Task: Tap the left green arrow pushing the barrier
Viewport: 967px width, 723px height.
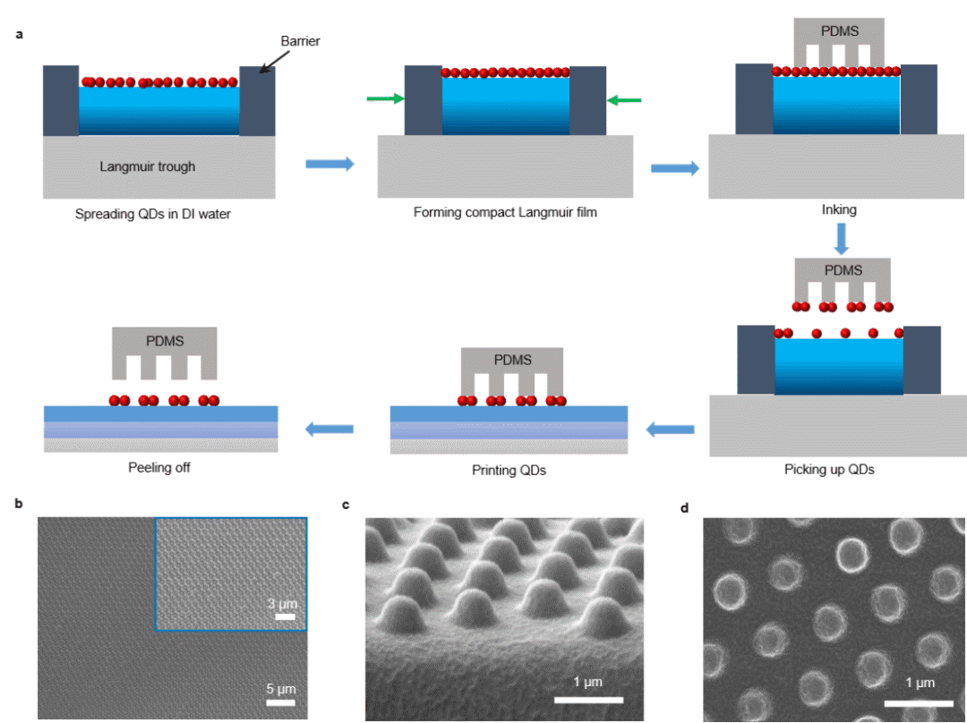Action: pyautogui.click(x=384, y=100)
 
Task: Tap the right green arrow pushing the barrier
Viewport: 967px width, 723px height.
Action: pyautogui.click(x=624, y=100)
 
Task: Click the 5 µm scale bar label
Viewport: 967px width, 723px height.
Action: pyautogui.click(x=280, y=688)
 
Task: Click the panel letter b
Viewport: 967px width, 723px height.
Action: pyautogui.click(x=21, y=505)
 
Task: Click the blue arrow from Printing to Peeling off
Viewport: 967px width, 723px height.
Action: pyautogui.click(x=329, y=430)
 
